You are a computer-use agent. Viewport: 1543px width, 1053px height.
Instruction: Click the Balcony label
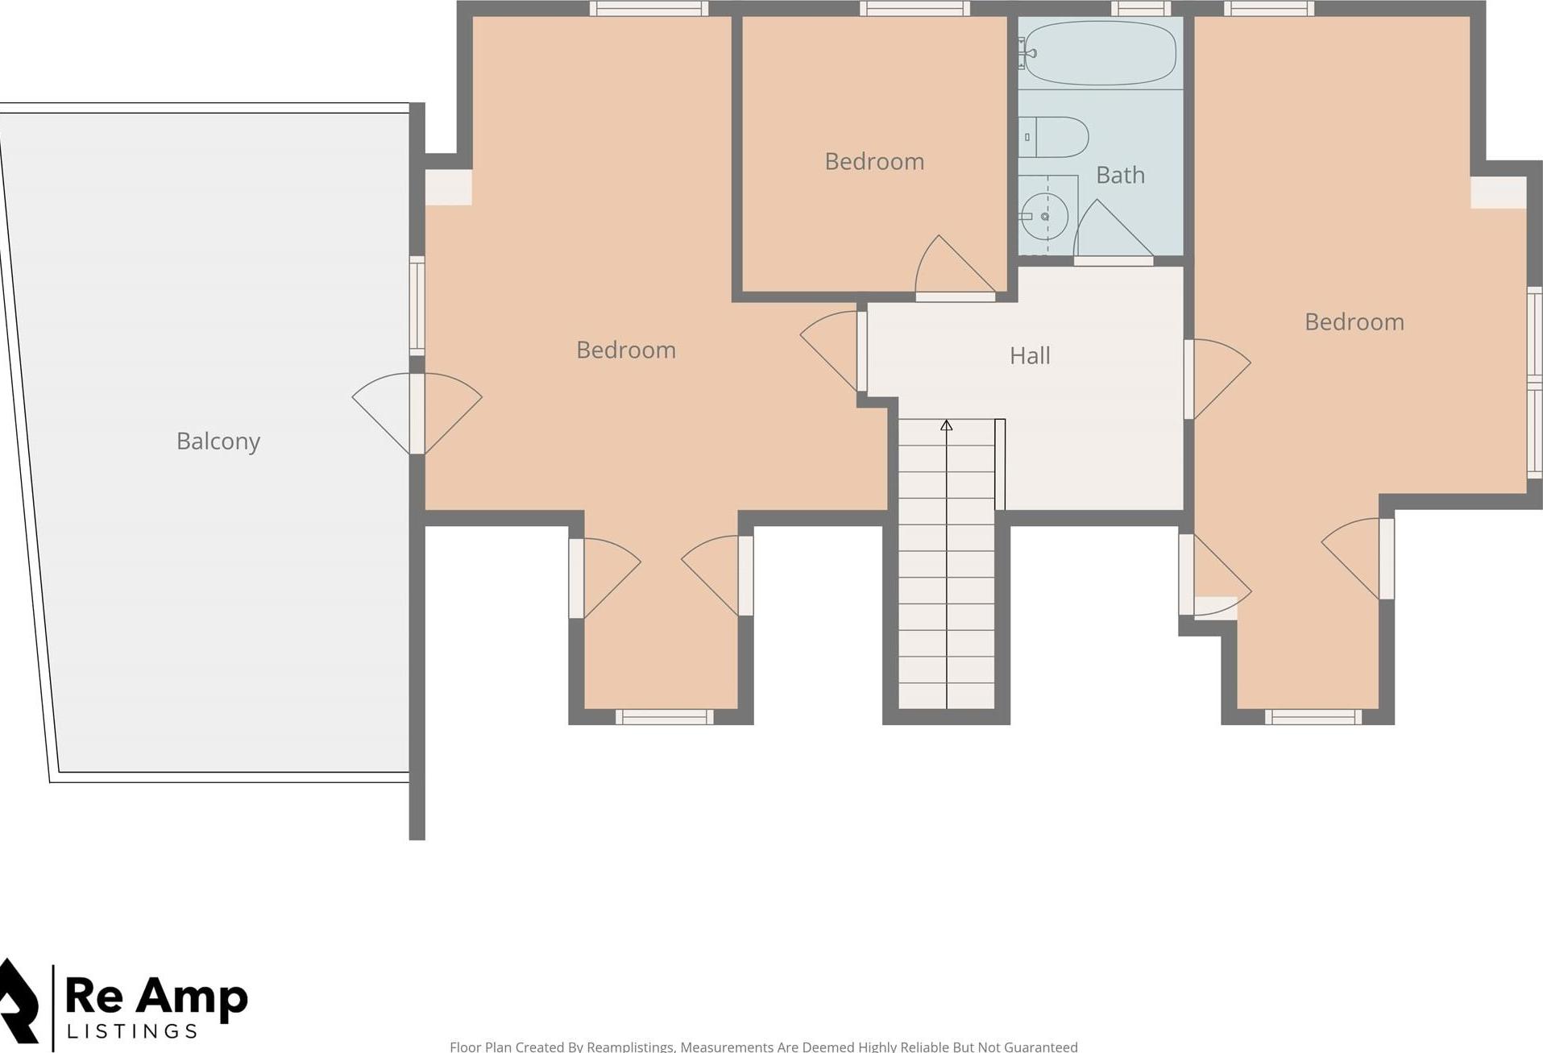click(218, 442)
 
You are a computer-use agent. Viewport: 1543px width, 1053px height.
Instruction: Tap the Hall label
click(1029, 355)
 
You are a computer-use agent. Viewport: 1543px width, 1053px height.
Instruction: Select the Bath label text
click(1120, 175)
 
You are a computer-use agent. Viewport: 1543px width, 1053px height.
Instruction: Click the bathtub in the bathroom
click(1100, 53)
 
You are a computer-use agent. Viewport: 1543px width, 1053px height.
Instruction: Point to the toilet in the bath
click(1056, 137)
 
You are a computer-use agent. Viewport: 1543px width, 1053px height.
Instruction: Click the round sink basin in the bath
click(1045, 217)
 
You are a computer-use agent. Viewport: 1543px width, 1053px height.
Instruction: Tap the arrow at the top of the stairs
click(947, 425)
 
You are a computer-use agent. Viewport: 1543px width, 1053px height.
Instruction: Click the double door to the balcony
click(417, 413)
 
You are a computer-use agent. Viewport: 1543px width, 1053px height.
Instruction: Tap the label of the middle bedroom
click(874, 161)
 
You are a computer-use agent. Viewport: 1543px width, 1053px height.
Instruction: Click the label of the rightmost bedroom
click(1354, 322)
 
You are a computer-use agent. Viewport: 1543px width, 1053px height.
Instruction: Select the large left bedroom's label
click(625, 350)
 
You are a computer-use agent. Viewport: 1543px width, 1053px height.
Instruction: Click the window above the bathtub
click(1140, 9)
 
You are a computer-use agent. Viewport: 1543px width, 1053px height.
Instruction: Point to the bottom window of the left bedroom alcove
click(664, 717)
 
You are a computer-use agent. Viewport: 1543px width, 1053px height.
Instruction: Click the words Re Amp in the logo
click(156, 997)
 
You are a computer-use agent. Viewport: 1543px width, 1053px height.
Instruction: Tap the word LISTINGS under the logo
click(132, 1032)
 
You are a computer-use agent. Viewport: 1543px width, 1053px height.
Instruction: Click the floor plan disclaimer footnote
click(763, 1047)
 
